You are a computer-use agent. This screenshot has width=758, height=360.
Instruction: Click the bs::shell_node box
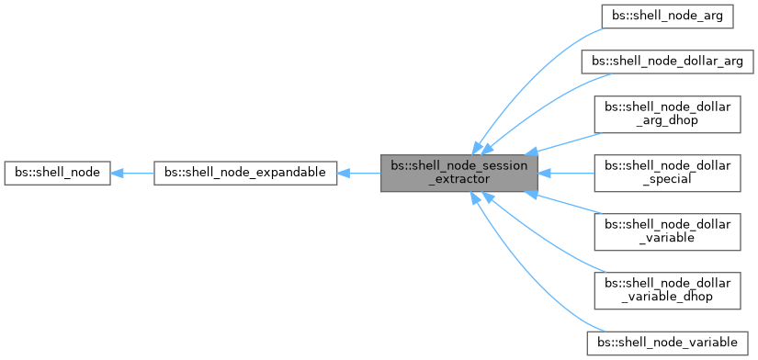pos(58,172)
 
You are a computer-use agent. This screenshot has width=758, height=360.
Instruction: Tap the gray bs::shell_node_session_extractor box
pos(459,172)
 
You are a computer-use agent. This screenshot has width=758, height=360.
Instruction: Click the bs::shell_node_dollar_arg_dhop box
pos(666,113)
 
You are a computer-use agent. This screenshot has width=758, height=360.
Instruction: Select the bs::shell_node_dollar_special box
pos(666,172)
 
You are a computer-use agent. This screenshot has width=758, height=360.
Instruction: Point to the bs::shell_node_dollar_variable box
pos(666,231)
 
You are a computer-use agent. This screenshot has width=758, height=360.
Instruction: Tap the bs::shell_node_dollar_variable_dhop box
pos(666,289)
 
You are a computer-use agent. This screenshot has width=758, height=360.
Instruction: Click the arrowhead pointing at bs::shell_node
pos(119,172)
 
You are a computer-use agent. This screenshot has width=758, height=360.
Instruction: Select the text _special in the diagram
pos(666,179)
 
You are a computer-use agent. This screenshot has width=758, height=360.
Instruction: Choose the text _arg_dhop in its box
pos(666,120)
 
